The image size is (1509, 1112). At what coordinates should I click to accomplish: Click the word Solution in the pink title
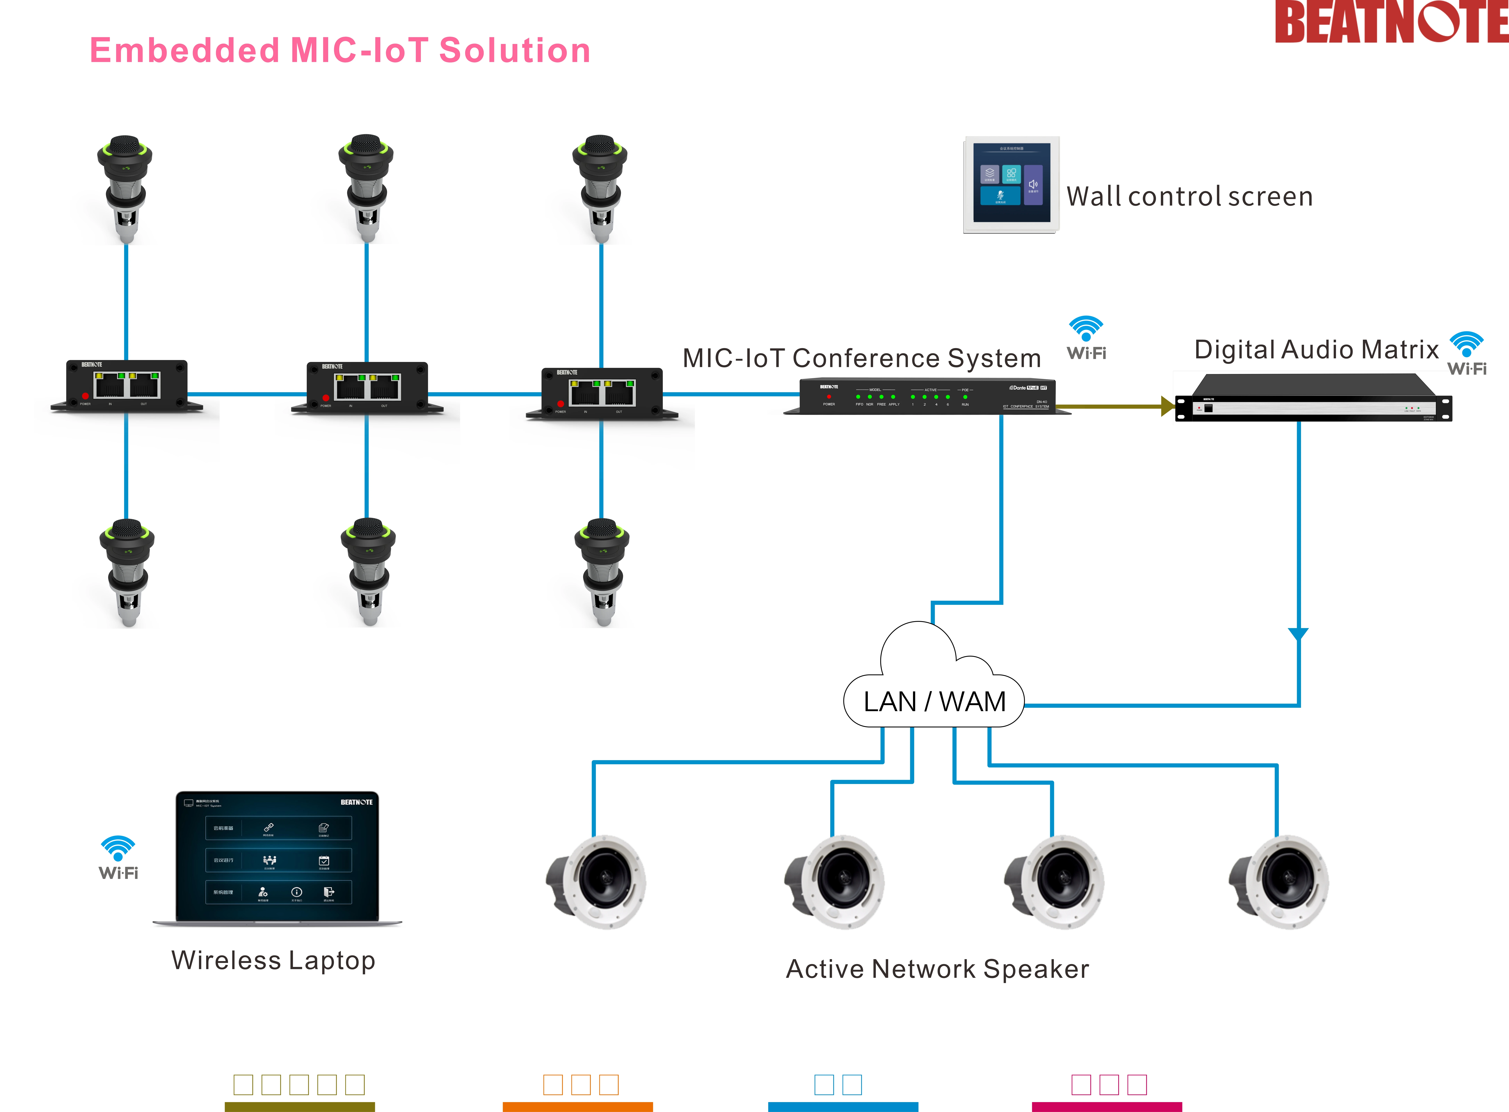[x=515, y=50]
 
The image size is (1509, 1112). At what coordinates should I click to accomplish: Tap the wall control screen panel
[x=1011, y=184]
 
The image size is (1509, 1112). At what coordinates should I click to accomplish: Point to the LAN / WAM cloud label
[x=934, y=701]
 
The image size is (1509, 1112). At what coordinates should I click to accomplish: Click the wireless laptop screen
[x=277, y=856]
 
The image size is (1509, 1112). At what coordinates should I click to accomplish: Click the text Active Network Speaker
[x=937, y=969]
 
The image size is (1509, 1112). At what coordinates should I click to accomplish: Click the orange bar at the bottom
[x=578, y=1107]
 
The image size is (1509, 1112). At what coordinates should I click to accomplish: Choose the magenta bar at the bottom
[x=1107, y=1107]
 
